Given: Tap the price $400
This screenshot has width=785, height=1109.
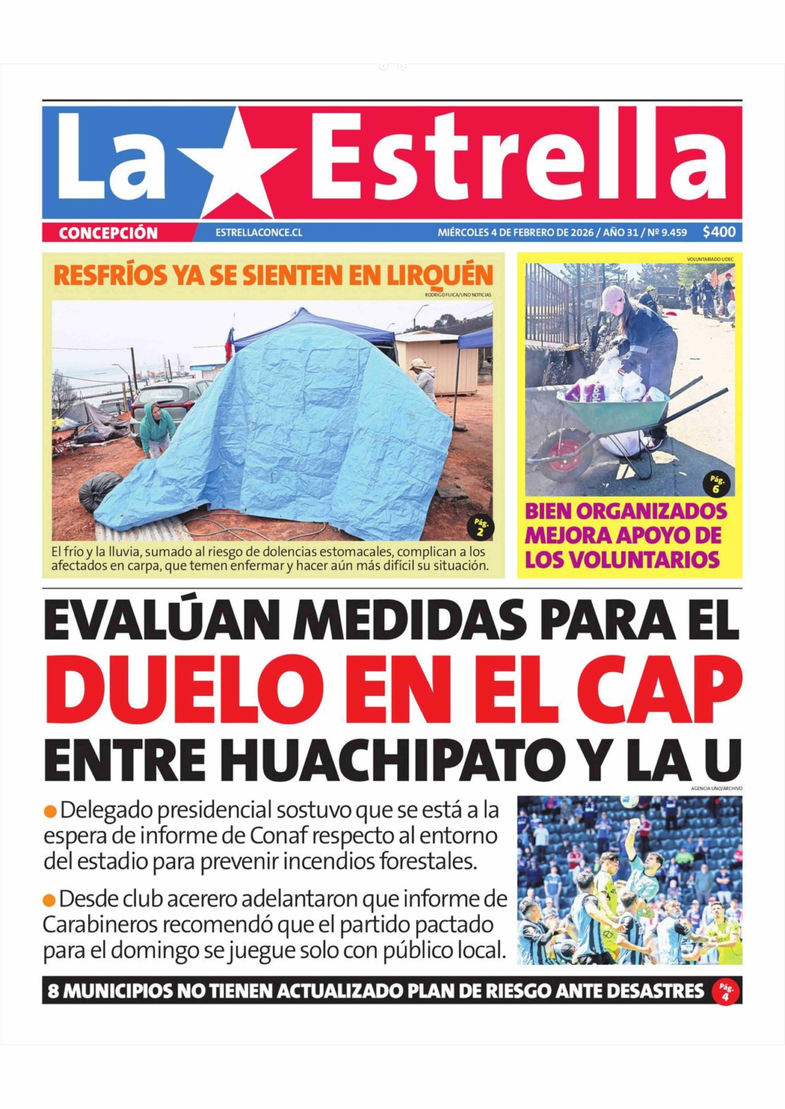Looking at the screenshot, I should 719,232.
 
